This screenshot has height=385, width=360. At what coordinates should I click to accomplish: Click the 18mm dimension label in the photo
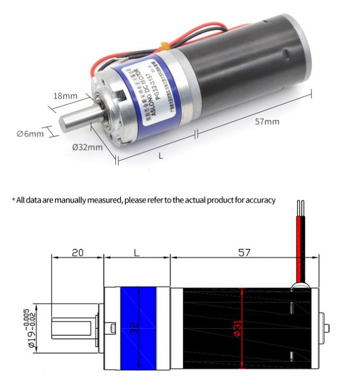[x=66, y=96]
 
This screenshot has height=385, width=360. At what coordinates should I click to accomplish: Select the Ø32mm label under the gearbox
[x=87, y=146]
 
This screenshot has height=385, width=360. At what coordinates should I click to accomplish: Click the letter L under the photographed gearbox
[x=160, y=156]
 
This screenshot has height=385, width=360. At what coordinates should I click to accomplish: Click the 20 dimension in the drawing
[x=77, y=252]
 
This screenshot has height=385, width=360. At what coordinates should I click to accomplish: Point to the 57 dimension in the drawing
[x=244, y=252]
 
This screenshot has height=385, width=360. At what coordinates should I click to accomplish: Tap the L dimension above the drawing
[x=137, y=252]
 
